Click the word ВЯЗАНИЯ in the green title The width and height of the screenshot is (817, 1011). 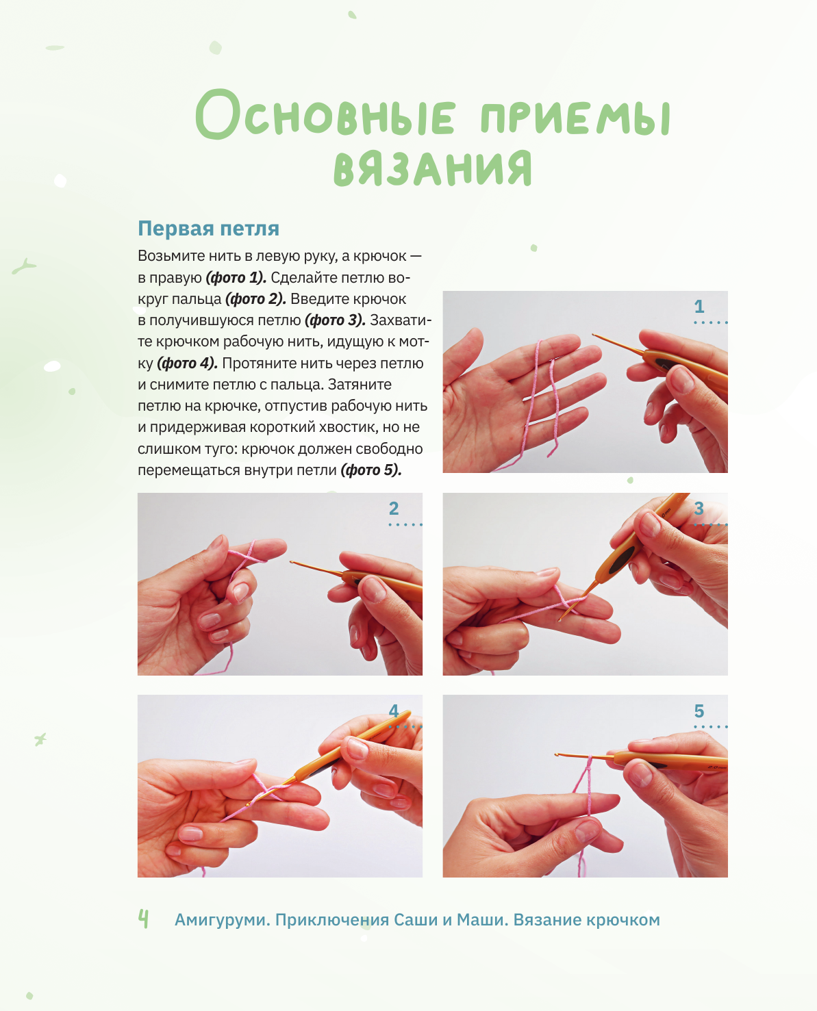tap(433, 168)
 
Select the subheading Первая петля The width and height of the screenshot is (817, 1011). tap(208, 229)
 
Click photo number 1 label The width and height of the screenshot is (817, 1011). tap(699, 306)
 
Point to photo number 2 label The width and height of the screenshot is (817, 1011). tap(394, 509)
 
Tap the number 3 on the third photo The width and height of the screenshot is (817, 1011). tap(699, 509)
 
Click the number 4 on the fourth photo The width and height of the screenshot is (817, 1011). tap(394, 711)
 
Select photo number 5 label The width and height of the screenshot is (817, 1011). tap(699, 711)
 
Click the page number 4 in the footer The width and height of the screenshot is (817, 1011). tap(143, 919)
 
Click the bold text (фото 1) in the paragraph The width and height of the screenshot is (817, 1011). tap(236, 278)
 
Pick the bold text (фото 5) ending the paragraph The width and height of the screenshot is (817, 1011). tap(371, 470)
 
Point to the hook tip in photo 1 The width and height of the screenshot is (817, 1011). tap(594, 335)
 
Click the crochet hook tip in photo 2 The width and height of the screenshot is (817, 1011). tap(292, 563)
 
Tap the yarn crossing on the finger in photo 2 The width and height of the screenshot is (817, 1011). tap(247, 554)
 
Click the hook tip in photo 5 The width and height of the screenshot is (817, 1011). tap(556, 754)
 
